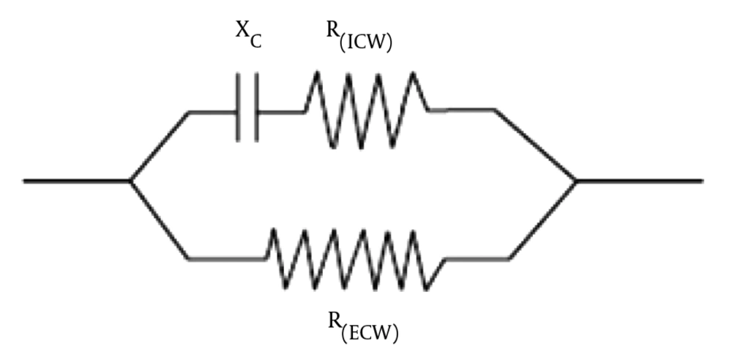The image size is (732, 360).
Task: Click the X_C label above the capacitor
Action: (x=248, y=35)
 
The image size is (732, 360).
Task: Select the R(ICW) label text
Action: (x=359, y=37)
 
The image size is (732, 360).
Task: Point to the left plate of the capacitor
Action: (x=238, y=107)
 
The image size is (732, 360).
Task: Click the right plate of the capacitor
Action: (x=255, y=107)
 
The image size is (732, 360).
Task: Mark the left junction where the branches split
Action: (x=130, y=181)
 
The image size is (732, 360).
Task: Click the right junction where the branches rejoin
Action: (x=577, y=181)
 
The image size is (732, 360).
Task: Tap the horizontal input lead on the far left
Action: (x=77, y=181)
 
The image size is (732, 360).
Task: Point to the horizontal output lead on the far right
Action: (x=640, y=181)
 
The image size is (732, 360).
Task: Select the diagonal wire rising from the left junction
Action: (x=160, y=146)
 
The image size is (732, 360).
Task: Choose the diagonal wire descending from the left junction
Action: (x=160, y=220)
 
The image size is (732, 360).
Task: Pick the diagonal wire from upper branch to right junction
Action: (x=536, y=145)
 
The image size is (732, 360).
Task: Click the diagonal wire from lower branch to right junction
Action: (x=542, y=220)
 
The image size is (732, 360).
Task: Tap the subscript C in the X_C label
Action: (x=255, y=42)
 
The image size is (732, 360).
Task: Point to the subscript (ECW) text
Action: (x=370, y=334)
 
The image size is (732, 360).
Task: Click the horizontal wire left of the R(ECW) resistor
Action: (x=228, y=258)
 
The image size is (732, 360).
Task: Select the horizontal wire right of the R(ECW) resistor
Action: (x=477, y=258)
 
